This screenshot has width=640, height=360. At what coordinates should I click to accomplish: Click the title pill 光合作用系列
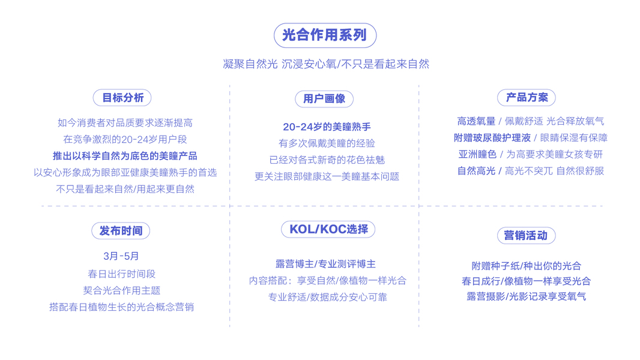pyautogui.click(x=325, y=35)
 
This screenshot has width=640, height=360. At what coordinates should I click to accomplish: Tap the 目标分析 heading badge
pyautogui.click(x=122, y=98)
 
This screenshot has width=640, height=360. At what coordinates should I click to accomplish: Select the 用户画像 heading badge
pyautogui.click(x=324, y=99)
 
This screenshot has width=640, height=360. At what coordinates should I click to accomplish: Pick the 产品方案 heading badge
pyautogui.click(x=527, y=98)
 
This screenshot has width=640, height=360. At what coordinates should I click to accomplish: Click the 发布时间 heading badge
pyautogui.click(x=121, y=231)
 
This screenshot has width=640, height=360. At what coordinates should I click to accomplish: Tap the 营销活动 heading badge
pyautogui.click(x=525, y=236)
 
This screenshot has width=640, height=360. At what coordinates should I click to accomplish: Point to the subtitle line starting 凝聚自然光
pyautogui.click(x=326, y=64)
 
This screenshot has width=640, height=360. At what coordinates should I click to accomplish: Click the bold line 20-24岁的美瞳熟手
pyautogui.click(x=327, y=127)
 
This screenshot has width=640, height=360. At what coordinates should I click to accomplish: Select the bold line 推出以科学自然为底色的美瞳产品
pyautogui.click(x=125, y=156)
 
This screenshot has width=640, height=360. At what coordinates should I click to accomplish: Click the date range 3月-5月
pyautogui.click(x=121, y=256)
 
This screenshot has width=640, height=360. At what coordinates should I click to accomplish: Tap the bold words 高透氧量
pyautogui.click(x=476, y=121)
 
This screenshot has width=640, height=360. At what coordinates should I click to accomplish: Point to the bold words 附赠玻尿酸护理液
pyautogui.click(x=492, y=138)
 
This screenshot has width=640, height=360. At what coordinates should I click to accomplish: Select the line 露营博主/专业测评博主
pyautogui.click(x=325, y=264)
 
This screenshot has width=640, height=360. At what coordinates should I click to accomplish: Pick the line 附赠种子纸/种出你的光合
pyautogui.click(x=527, y=266)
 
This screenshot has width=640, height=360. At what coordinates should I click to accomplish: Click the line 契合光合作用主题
pyautogui.click(x=122, y=290)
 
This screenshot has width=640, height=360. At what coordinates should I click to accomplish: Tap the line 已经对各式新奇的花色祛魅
pyautogui.click(x=327, y=160)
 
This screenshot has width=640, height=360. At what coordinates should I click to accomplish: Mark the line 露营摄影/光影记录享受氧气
pyautogui.click(x=527, y=296)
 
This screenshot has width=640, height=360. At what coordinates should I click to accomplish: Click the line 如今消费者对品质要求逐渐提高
pyautogui.click(x=125, y=123)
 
